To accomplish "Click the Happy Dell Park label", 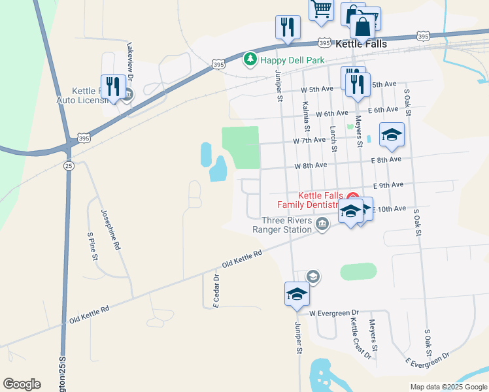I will [292, 60].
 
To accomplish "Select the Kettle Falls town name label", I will [361, 44].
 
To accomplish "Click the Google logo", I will [22, 384].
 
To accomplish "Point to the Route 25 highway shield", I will [69, 166].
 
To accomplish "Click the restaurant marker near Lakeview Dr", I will [113, 86].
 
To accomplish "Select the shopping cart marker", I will [321, 10].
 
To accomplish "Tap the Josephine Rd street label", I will [110, 230].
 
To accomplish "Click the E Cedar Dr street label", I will [216, 290].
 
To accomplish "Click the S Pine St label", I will [92, 245].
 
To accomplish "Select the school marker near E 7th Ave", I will [392, 135].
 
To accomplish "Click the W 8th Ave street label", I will [311, 166].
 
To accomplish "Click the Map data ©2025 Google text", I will [448, 387].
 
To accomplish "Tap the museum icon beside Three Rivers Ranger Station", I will [322, 225].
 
